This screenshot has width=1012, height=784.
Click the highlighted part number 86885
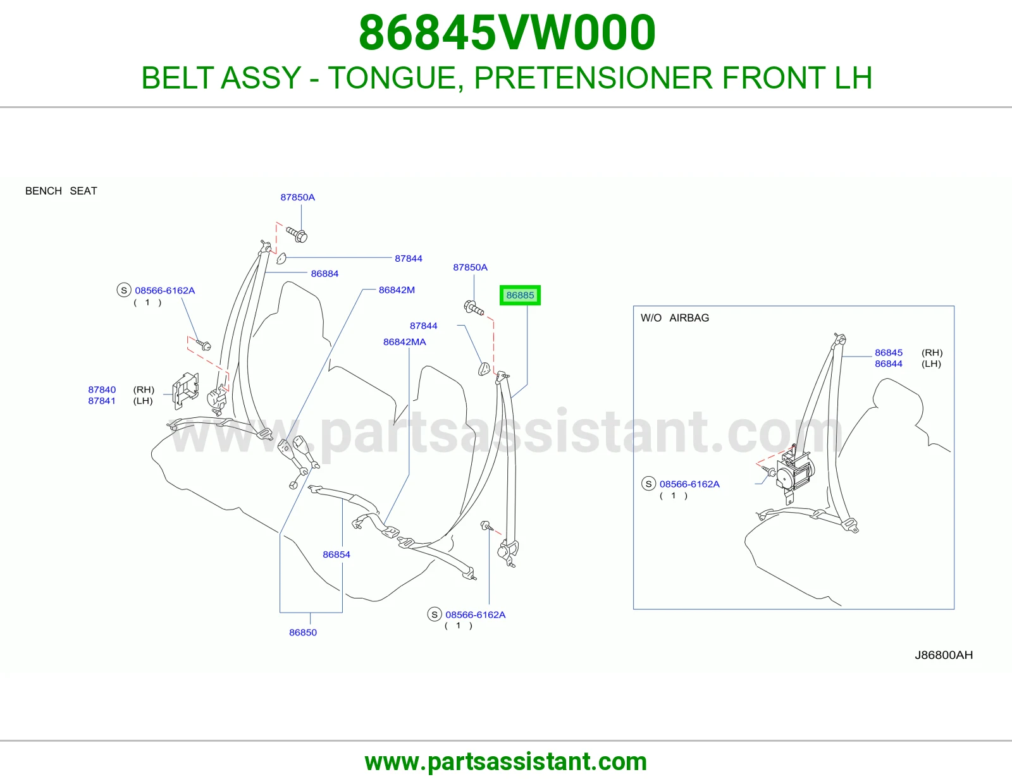520,295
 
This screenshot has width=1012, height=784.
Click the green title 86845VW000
507,32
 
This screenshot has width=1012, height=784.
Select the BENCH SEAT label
61,191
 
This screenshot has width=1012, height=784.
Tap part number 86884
324,274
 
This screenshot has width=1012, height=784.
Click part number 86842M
397,290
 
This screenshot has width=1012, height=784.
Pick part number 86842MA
404,341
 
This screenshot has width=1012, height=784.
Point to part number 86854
336,554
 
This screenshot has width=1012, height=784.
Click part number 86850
303,632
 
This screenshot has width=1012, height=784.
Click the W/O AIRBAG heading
675,318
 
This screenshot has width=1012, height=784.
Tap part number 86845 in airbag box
889,353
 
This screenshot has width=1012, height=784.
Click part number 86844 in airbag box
889,364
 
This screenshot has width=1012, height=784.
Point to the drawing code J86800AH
944,655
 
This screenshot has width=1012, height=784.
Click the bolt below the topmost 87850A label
297,235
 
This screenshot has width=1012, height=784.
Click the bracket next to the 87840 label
185,391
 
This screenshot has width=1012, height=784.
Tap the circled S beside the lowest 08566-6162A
435,615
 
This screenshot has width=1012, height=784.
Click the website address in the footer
506,762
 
